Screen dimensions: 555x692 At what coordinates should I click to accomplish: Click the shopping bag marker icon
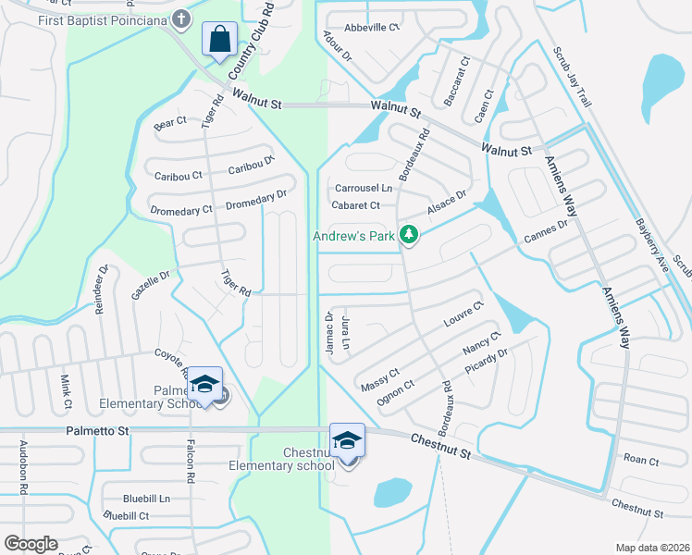pos(219,41)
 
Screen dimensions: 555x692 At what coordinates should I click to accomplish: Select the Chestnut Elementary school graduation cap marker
pos(348,440)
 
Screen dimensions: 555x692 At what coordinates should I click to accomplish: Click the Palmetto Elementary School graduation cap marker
pos(207,384)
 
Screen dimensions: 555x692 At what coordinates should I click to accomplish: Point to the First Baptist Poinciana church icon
pos(181,18)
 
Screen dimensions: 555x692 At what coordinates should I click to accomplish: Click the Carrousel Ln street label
pos(364,188)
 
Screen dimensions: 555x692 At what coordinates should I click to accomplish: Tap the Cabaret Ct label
pos(356,205)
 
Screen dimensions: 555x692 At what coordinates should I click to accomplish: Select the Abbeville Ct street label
pos(372,28)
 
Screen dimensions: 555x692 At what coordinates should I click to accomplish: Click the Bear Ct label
pos(170,121)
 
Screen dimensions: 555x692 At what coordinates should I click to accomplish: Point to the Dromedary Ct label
pos(181,210)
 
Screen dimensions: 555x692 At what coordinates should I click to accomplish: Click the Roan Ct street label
pos(640,460)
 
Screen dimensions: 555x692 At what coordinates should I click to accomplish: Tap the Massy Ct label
pos(380,376)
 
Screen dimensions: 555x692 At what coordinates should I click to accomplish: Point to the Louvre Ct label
pos(463,314)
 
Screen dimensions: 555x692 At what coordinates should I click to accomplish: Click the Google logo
pos(31,544)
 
